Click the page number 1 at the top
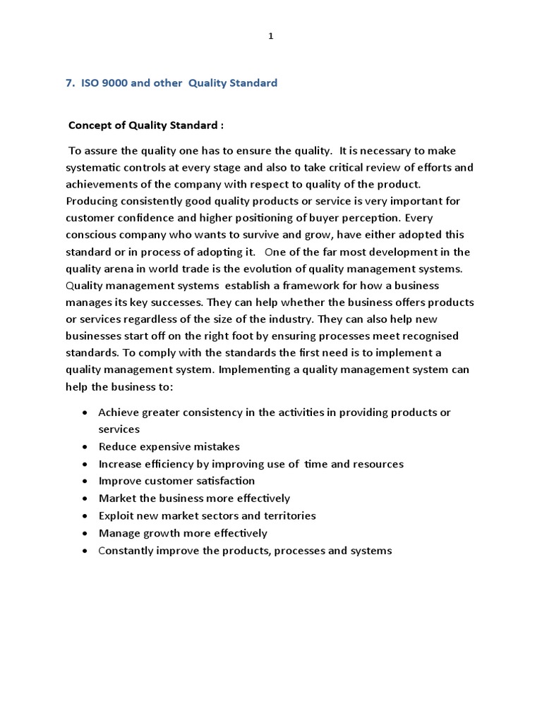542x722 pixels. pyautogui.click(x=270, y=37)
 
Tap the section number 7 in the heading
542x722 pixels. pyautogui.click(x=69, y=83)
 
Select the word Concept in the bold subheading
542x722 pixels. pyautogui.click(x=89, y=126)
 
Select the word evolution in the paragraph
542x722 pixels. pyautogui.click(x=259, y=269)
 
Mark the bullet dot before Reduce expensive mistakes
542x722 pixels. pyautogui.click(x=85, y=447)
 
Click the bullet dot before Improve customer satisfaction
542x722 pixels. pyautogui.click(x=85, y=482)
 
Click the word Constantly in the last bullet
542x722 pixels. pyautogui.click(x=124, y=550)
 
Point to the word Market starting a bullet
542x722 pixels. pyautogui.click(x=116, y=498)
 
